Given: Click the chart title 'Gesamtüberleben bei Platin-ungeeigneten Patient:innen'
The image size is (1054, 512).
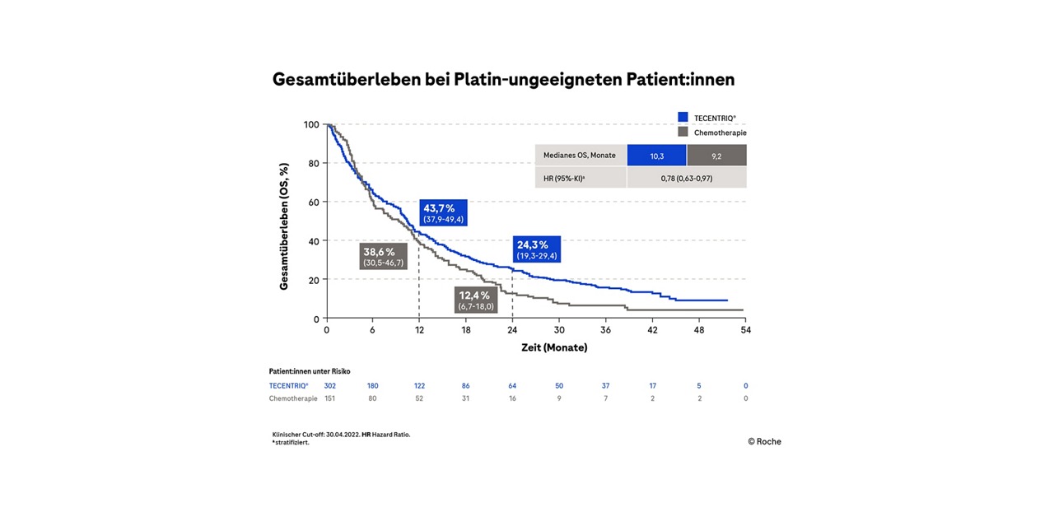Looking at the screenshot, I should [x=503, y=80].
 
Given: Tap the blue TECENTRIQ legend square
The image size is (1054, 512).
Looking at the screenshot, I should [x=683, y=118].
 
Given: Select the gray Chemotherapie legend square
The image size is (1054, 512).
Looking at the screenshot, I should [x=683, y=132].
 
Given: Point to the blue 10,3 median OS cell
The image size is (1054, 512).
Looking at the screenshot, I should [x=656, y=156].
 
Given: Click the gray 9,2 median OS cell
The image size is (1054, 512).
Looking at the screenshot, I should [x=716, y=156].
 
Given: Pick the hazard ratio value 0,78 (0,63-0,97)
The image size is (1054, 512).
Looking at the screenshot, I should [x=687, y=178].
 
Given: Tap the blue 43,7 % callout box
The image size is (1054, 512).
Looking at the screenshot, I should [x=444, y=212].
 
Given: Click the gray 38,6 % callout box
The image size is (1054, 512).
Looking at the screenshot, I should [x=383, y=256].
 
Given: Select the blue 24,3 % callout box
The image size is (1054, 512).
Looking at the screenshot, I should [x=537, y=249].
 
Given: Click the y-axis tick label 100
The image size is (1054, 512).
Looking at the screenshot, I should [x=311, y=124].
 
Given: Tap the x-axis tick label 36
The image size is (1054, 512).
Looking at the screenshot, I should [x=606, y=330].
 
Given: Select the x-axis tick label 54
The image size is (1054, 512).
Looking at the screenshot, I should [x=746, y=330].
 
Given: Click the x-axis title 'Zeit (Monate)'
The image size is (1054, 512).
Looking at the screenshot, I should [x=554, y=347].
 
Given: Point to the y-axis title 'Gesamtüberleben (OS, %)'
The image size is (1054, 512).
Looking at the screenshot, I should [x=284, y=226].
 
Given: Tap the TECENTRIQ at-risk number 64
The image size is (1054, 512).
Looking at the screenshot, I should [x=512, y=385].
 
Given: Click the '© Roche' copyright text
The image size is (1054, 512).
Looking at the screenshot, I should [x=764, y=441].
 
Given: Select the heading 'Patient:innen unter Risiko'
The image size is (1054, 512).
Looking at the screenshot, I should [x=310, y=371].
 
